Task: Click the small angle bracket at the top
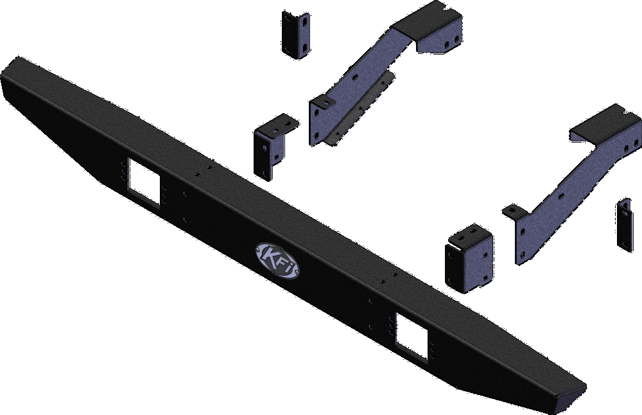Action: click(x=295, y=35)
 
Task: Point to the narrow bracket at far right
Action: click(x=624, y=225)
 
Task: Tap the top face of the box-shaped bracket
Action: click(x=472, y=232)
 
